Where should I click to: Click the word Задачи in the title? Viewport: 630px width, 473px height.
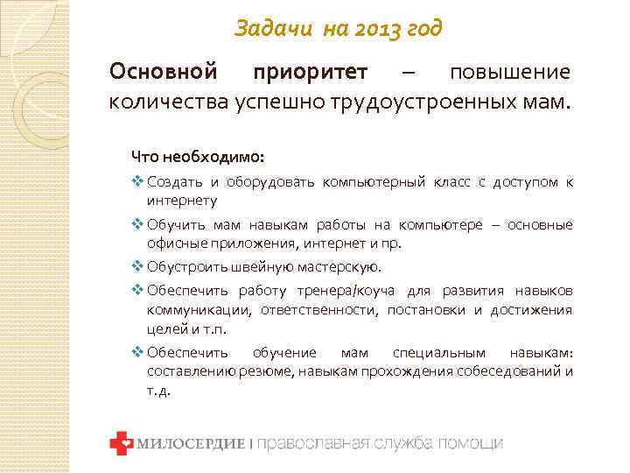266,30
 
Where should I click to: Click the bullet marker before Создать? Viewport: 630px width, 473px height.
137,182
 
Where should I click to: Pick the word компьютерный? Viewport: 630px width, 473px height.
373,182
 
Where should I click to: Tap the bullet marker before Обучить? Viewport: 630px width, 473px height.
137,225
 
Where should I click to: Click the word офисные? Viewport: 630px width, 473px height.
174,243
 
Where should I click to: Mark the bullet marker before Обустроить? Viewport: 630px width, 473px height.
137,267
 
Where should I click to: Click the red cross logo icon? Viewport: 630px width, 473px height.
120,443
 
